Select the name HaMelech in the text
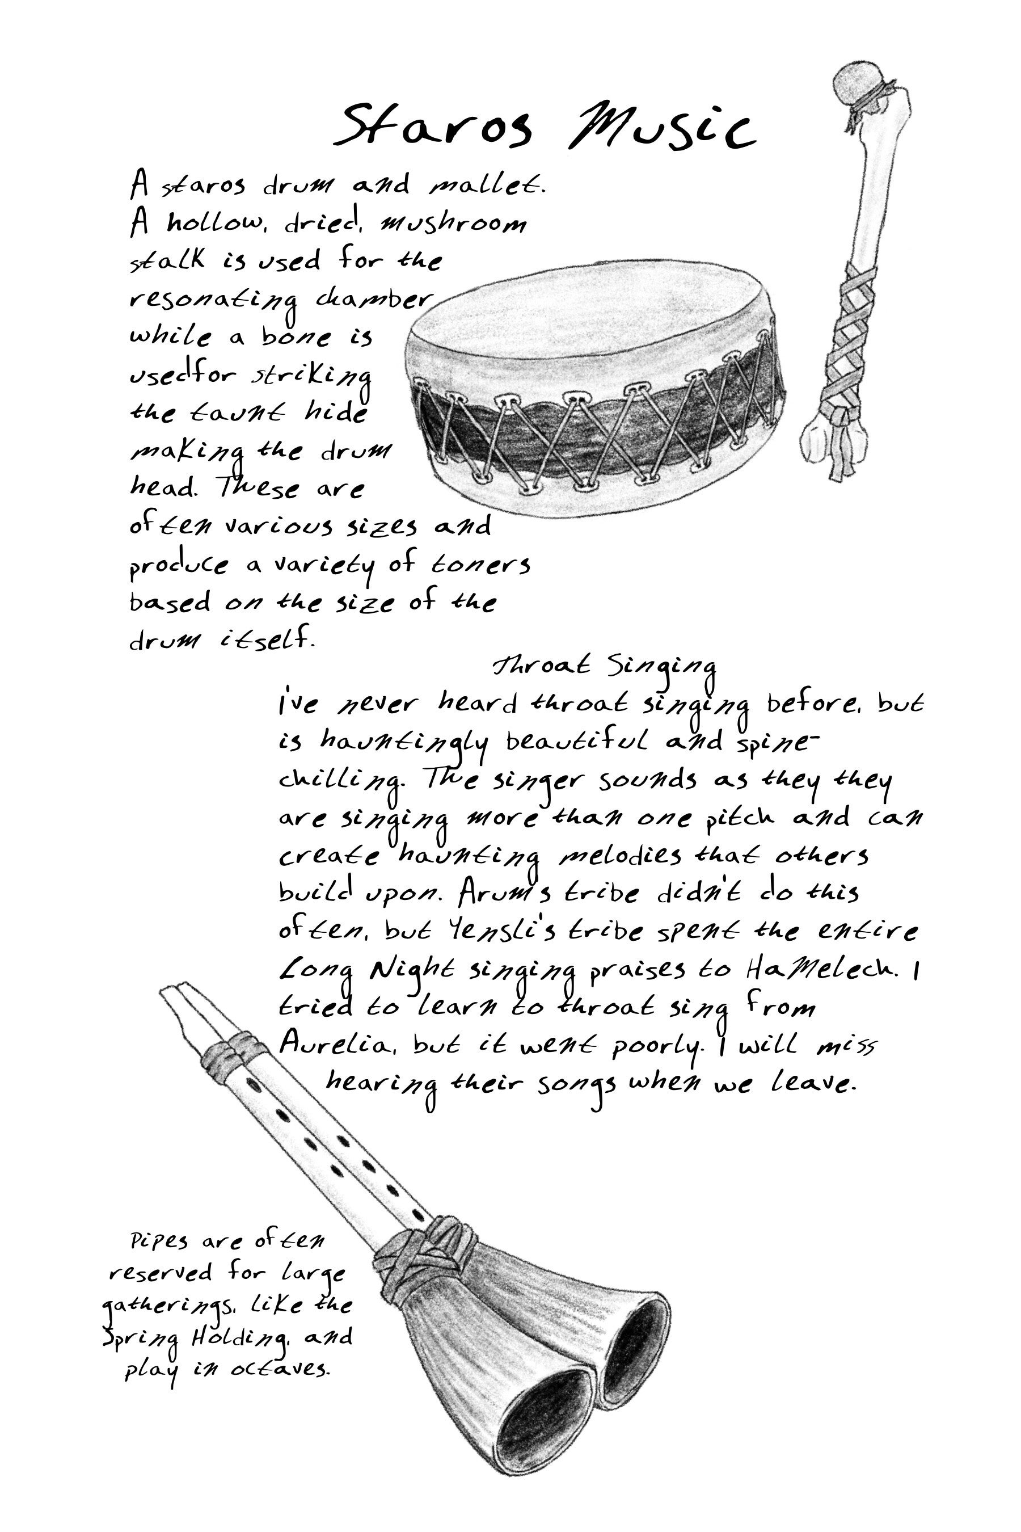tap(822, 970)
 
